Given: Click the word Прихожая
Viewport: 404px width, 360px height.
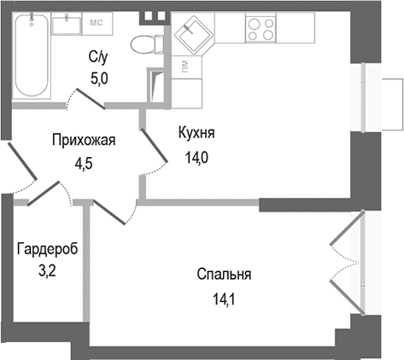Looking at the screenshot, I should [x=84, y=141].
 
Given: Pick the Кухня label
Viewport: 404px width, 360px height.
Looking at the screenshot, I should [x=196, y=134].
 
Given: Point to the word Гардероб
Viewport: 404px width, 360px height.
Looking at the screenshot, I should [x=47, y=250].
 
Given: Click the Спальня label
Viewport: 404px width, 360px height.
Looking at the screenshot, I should [x=224, y=275].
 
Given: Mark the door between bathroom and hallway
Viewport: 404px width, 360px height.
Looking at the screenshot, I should [x=85, y=99].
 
